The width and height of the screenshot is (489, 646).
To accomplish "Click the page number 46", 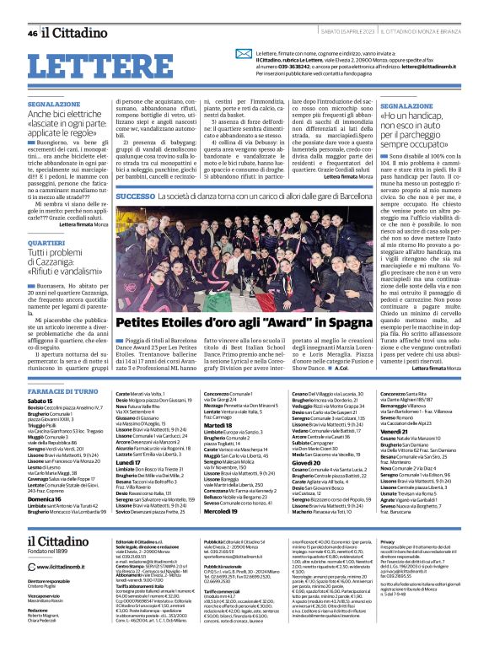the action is point(32,33).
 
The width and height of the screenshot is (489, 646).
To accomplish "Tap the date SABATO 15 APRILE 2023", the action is point(331,33).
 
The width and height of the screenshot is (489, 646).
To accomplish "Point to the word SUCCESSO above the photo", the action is point(135,196).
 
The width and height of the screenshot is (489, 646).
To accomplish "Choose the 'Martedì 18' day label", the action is point(218,401).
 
